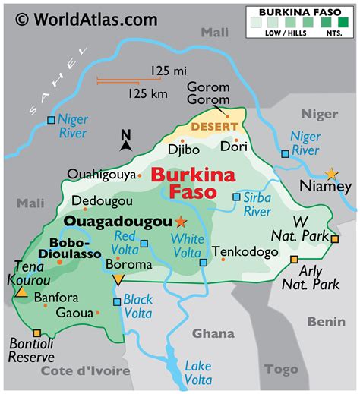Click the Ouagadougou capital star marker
pyautogui.click(x=180, y=222)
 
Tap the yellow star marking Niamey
pyautogui.click(x=332, y=174)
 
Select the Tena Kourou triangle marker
pyautogui.click(x=22, y=292)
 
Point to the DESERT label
pyautogui.click(x=213, y=125)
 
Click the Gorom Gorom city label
pyautogui.click(x=207, y=93)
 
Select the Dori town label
pyautogui.click(x=232, y=147)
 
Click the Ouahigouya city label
pyautogui.click(x=102, y=174)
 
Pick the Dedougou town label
pyautogui.click(x=103, y=201)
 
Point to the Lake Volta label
pyautogui.click(x=198, y=372)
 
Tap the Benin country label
pyautogui.click(x=326, y=322)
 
